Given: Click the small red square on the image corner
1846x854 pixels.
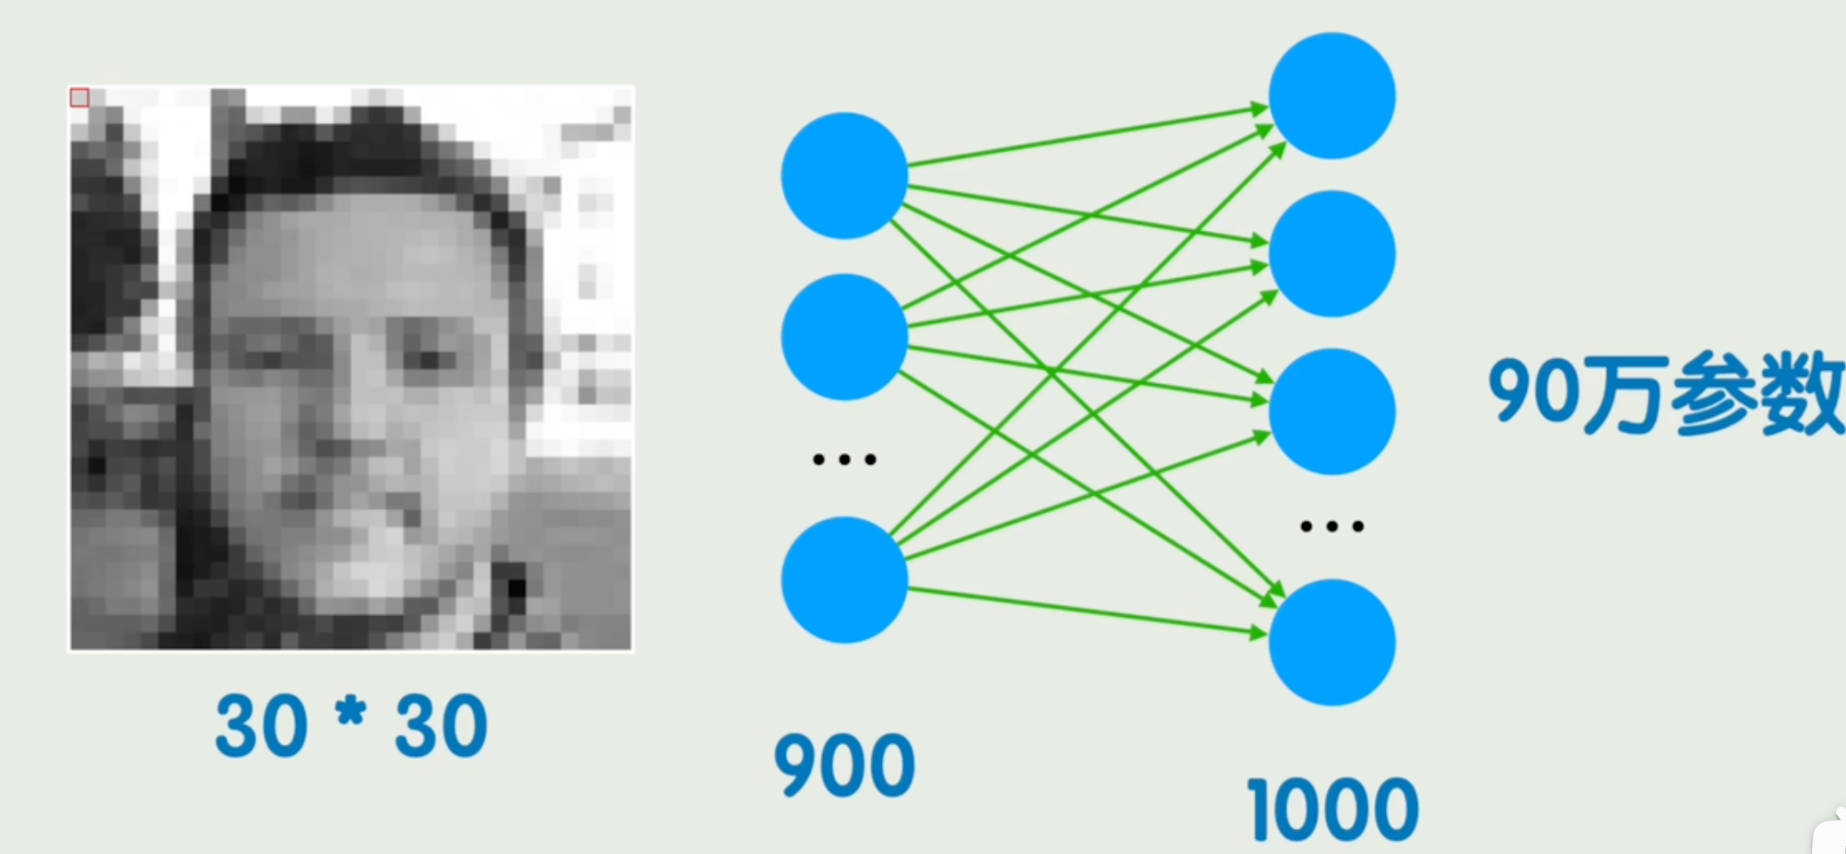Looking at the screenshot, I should (x=79, y=97).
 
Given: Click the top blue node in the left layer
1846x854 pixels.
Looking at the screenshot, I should (x=844, y=176).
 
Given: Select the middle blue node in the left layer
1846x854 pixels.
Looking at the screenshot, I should (x=844, y=337).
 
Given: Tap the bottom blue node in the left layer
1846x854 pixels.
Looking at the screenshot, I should (x=844, y=579).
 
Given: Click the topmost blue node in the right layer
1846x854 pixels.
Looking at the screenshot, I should (x=1331, y=96).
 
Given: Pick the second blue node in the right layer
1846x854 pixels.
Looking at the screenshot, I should (x=1331, y=253).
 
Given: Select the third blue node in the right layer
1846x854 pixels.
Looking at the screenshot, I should (x=1331, y=411).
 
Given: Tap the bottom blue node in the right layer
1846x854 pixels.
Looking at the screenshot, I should (x=1331, y=642).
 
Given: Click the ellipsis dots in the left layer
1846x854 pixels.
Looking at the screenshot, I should (x=844, y=459).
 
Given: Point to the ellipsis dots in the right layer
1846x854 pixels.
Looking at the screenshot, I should (x=1331, y=526).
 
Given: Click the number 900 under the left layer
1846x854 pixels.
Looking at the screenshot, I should (x=844, y=765).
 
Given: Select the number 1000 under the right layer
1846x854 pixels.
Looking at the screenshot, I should (x=1331, y=809).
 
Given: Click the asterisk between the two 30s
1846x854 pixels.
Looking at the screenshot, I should (x=350, y=713).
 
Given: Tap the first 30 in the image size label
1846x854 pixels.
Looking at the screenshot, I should (x=261, y=727).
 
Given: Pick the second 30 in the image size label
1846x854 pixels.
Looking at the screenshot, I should (x=441, y=727).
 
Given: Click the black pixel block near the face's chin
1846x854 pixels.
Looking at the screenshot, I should (x=516, y=587).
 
